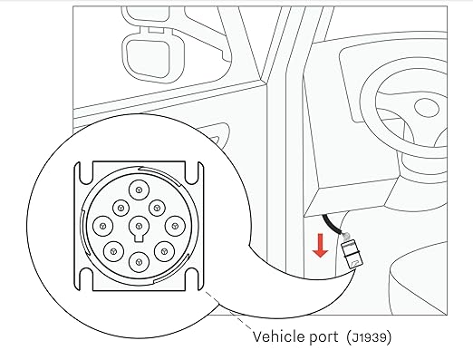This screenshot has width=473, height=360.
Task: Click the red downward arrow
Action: pos(320,245)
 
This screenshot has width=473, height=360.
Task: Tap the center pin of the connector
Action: pos(139,226)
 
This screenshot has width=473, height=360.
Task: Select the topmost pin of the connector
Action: pos(139,190)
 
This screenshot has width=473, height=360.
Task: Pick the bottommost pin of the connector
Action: pos(139,262)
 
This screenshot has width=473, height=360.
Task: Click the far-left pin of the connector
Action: pos(103,226)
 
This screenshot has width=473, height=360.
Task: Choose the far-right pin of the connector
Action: pos(175,226)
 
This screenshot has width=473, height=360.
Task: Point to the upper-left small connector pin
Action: pos(121,208)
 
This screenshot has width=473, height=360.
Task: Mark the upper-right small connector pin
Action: pos(157,208)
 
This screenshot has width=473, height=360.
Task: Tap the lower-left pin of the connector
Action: pos(113,251)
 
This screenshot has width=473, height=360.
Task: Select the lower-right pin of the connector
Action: pos(164,251)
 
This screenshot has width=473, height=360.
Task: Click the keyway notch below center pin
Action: pos(139,238)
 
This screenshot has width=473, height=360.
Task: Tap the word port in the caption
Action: pos(324,337)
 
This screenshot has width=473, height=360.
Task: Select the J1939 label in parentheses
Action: pos(369,337)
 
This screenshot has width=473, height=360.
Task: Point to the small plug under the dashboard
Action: pos(352,251)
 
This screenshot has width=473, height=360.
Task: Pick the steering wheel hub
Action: pos(426,107)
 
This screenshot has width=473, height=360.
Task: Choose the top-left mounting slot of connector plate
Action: pos(86,173)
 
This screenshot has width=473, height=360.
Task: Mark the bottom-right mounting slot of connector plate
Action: pos(192,279)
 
